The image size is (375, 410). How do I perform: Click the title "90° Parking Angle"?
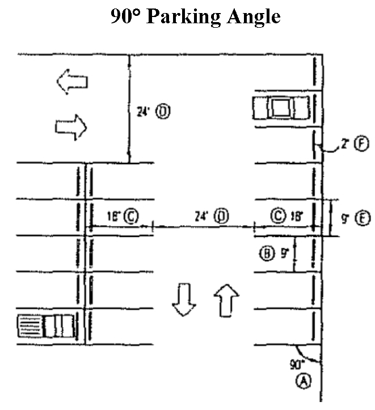coord(195,16)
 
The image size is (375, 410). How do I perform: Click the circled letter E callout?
coord(363,217)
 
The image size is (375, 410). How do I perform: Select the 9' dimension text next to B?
coord(284,253)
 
